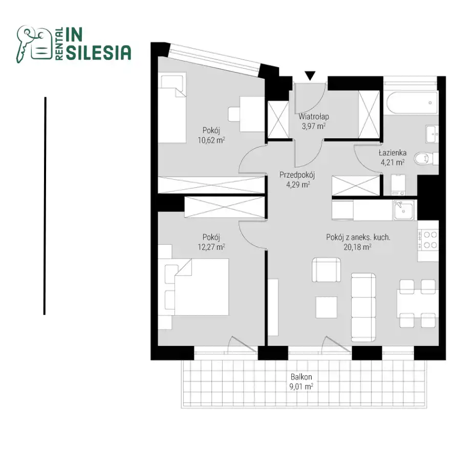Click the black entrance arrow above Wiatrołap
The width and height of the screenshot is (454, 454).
tap(310, 76)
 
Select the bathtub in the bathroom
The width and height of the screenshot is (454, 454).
tap(412, 103)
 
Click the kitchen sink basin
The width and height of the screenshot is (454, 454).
tap(403, 209)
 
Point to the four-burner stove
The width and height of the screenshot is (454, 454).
tap(428, 240)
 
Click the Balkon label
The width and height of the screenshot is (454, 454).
tap(301, 377)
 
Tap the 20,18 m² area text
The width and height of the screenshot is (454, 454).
tap(358, 247)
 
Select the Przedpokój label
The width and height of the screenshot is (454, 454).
tap(297, 175)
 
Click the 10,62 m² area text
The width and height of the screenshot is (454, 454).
tap(211, 140)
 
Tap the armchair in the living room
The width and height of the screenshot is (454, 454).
tap(327, 270)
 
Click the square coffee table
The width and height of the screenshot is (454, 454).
tap(327, 307)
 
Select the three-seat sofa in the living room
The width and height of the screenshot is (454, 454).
tap(363, 307)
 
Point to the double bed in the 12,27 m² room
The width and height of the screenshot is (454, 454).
tap(197, 287)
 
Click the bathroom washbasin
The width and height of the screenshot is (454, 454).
tap(433, 134)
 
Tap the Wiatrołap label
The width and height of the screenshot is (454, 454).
tap(314, 117)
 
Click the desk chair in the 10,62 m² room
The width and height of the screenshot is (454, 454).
tap(234, 114)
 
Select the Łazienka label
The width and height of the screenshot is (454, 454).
tap(393, 153)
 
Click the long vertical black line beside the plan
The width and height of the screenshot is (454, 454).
tap(45, 206)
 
